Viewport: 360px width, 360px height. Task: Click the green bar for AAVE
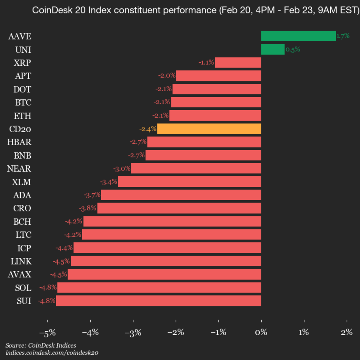298,36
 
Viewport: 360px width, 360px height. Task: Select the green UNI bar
273,49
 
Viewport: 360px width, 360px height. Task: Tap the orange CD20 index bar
209,129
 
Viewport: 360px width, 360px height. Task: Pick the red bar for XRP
238,62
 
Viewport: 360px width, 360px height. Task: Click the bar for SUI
158,301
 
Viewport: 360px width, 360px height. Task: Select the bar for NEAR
196,168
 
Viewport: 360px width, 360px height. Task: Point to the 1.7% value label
343,36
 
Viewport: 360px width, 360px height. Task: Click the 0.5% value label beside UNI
292,49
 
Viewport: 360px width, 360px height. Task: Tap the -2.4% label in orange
148,129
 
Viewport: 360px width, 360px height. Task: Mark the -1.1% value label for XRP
206,62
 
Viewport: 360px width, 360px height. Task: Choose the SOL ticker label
23,288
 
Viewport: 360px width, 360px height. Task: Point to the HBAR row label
19,142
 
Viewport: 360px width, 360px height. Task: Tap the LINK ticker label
21,261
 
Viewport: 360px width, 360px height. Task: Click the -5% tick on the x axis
47,332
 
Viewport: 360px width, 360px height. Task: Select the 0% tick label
261,332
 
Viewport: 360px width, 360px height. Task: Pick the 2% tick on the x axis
346,332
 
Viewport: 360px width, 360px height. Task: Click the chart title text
180,10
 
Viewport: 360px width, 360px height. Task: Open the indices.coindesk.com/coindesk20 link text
52,353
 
